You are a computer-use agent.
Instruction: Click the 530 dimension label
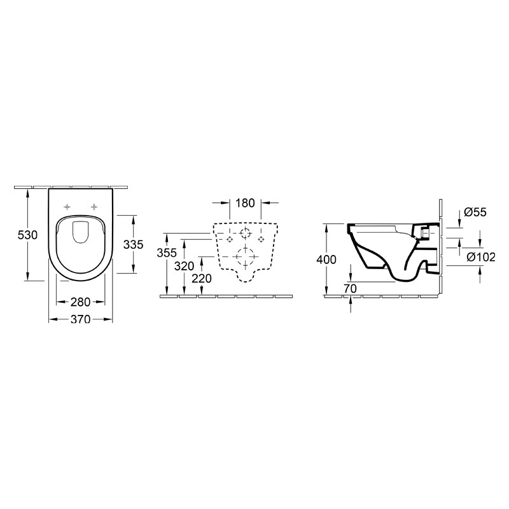[27, 235]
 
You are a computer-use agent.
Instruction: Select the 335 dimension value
[133, 244]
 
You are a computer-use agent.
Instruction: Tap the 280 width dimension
[81, 302]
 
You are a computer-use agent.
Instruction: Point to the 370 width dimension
[81, 319]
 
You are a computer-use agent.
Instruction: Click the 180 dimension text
[245, 203]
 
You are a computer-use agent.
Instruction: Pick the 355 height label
[167, 253]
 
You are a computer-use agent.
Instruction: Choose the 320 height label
[184, 266]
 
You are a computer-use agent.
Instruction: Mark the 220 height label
[202, 279]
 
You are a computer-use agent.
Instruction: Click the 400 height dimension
[326, 260]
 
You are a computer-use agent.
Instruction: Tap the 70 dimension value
[350, 289]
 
